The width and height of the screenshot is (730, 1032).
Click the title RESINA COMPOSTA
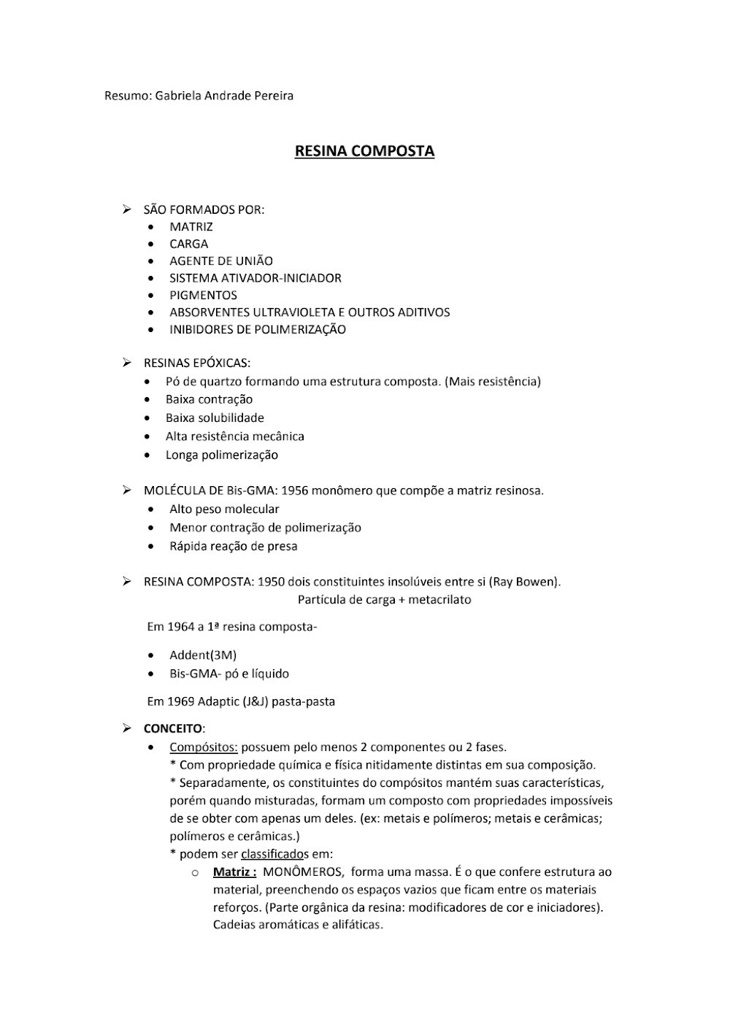point(364,151)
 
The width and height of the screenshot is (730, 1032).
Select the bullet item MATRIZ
point(191,227)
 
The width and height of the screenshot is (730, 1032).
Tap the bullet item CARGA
point(189,244)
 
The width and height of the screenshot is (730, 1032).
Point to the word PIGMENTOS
point(204,296)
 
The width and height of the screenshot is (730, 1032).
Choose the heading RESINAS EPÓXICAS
point(197,363)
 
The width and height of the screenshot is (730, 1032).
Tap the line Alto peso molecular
point(224,509)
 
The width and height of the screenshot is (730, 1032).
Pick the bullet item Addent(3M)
point(203,655)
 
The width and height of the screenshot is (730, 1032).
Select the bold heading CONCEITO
point(174,728)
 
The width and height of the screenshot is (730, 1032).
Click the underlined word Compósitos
point(204,747)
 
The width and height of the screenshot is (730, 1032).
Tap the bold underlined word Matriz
point(234,871)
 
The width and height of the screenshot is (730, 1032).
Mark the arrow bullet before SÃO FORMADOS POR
point(127,210)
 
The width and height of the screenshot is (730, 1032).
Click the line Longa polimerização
point(222,455)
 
